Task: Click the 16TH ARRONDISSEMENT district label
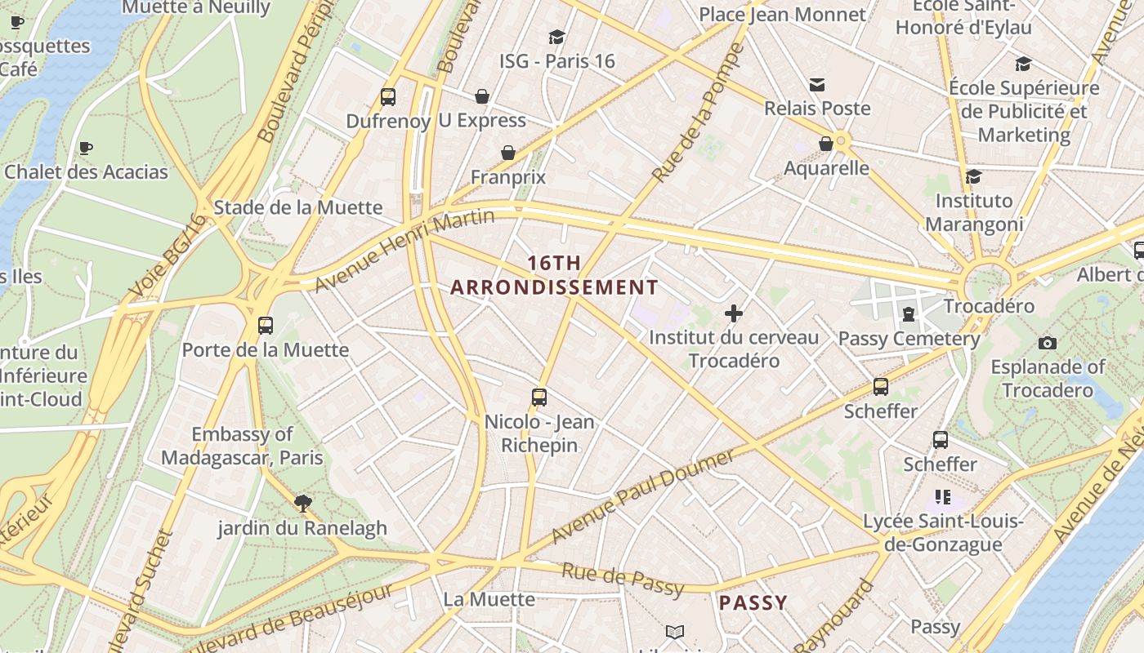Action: coord(554,275)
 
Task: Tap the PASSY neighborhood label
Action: coord(753,603)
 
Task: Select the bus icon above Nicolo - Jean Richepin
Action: coord(539,398)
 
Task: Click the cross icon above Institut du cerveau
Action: coord(734,313)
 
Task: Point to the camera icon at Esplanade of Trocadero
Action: coord(1047,343)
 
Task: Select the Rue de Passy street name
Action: coord(623,579)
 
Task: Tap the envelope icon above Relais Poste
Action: coord(817,84)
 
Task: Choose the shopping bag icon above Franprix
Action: coord(508,153)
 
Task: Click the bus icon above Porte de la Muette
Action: coord(265,325)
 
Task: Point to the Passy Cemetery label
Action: coord(909,338)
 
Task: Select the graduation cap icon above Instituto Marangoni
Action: coord(973,176)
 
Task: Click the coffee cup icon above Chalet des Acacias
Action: coord(85,148)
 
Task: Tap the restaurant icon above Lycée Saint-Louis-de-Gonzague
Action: coord(943,496)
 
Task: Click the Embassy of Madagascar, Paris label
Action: coord(242,446)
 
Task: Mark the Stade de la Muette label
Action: coord(297,207)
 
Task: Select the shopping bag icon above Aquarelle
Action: coord(826,144)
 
